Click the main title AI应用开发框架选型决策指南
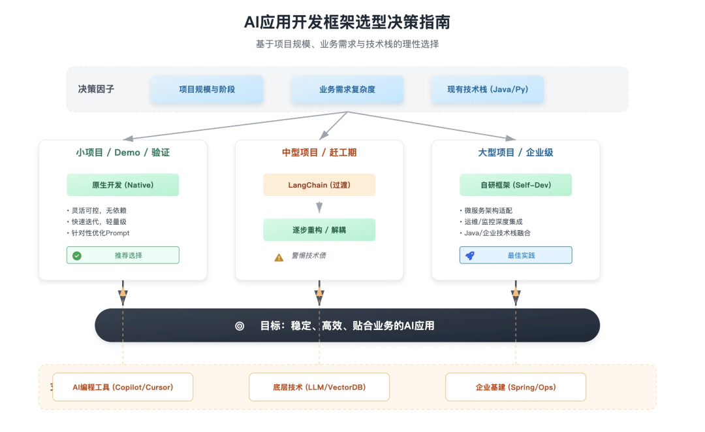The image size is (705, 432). pos(347,22)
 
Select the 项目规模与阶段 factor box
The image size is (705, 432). pos(207,89)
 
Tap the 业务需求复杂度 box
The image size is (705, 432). pos(347,89)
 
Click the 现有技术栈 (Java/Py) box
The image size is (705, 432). pos(488,89)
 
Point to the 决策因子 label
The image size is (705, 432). pos(96,89)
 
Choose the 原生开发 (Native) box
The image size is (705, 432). pos(123,185)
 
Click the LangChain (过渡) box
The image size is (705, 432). pos(319,185)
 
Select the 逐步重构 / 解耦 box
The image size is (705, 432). pos(319,230)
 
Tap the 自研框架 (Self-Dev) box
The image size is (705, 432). pos(516,185)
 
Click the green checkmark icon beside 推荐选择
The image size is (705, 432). pos(77,256)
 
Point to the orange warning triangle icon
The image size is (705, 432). pos(279,258)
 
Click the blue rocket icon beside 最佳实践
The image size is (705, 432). pos(470,256)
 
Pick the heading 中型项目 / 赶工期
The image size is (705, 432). pos(319,152)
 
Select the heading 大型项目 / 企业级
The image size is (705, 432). pos(516,152)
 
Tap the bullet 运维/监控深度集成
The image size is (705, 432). pos(491,222)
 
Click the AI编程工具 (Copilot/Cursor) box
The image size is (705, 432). pos(123,387)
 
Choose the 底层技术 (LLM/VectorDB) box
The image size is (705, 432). pos(319,387)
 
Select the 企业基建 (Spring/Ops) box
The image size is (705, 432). pos(516,387)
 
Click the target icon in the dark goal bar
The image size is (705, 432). pos(240,326)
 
